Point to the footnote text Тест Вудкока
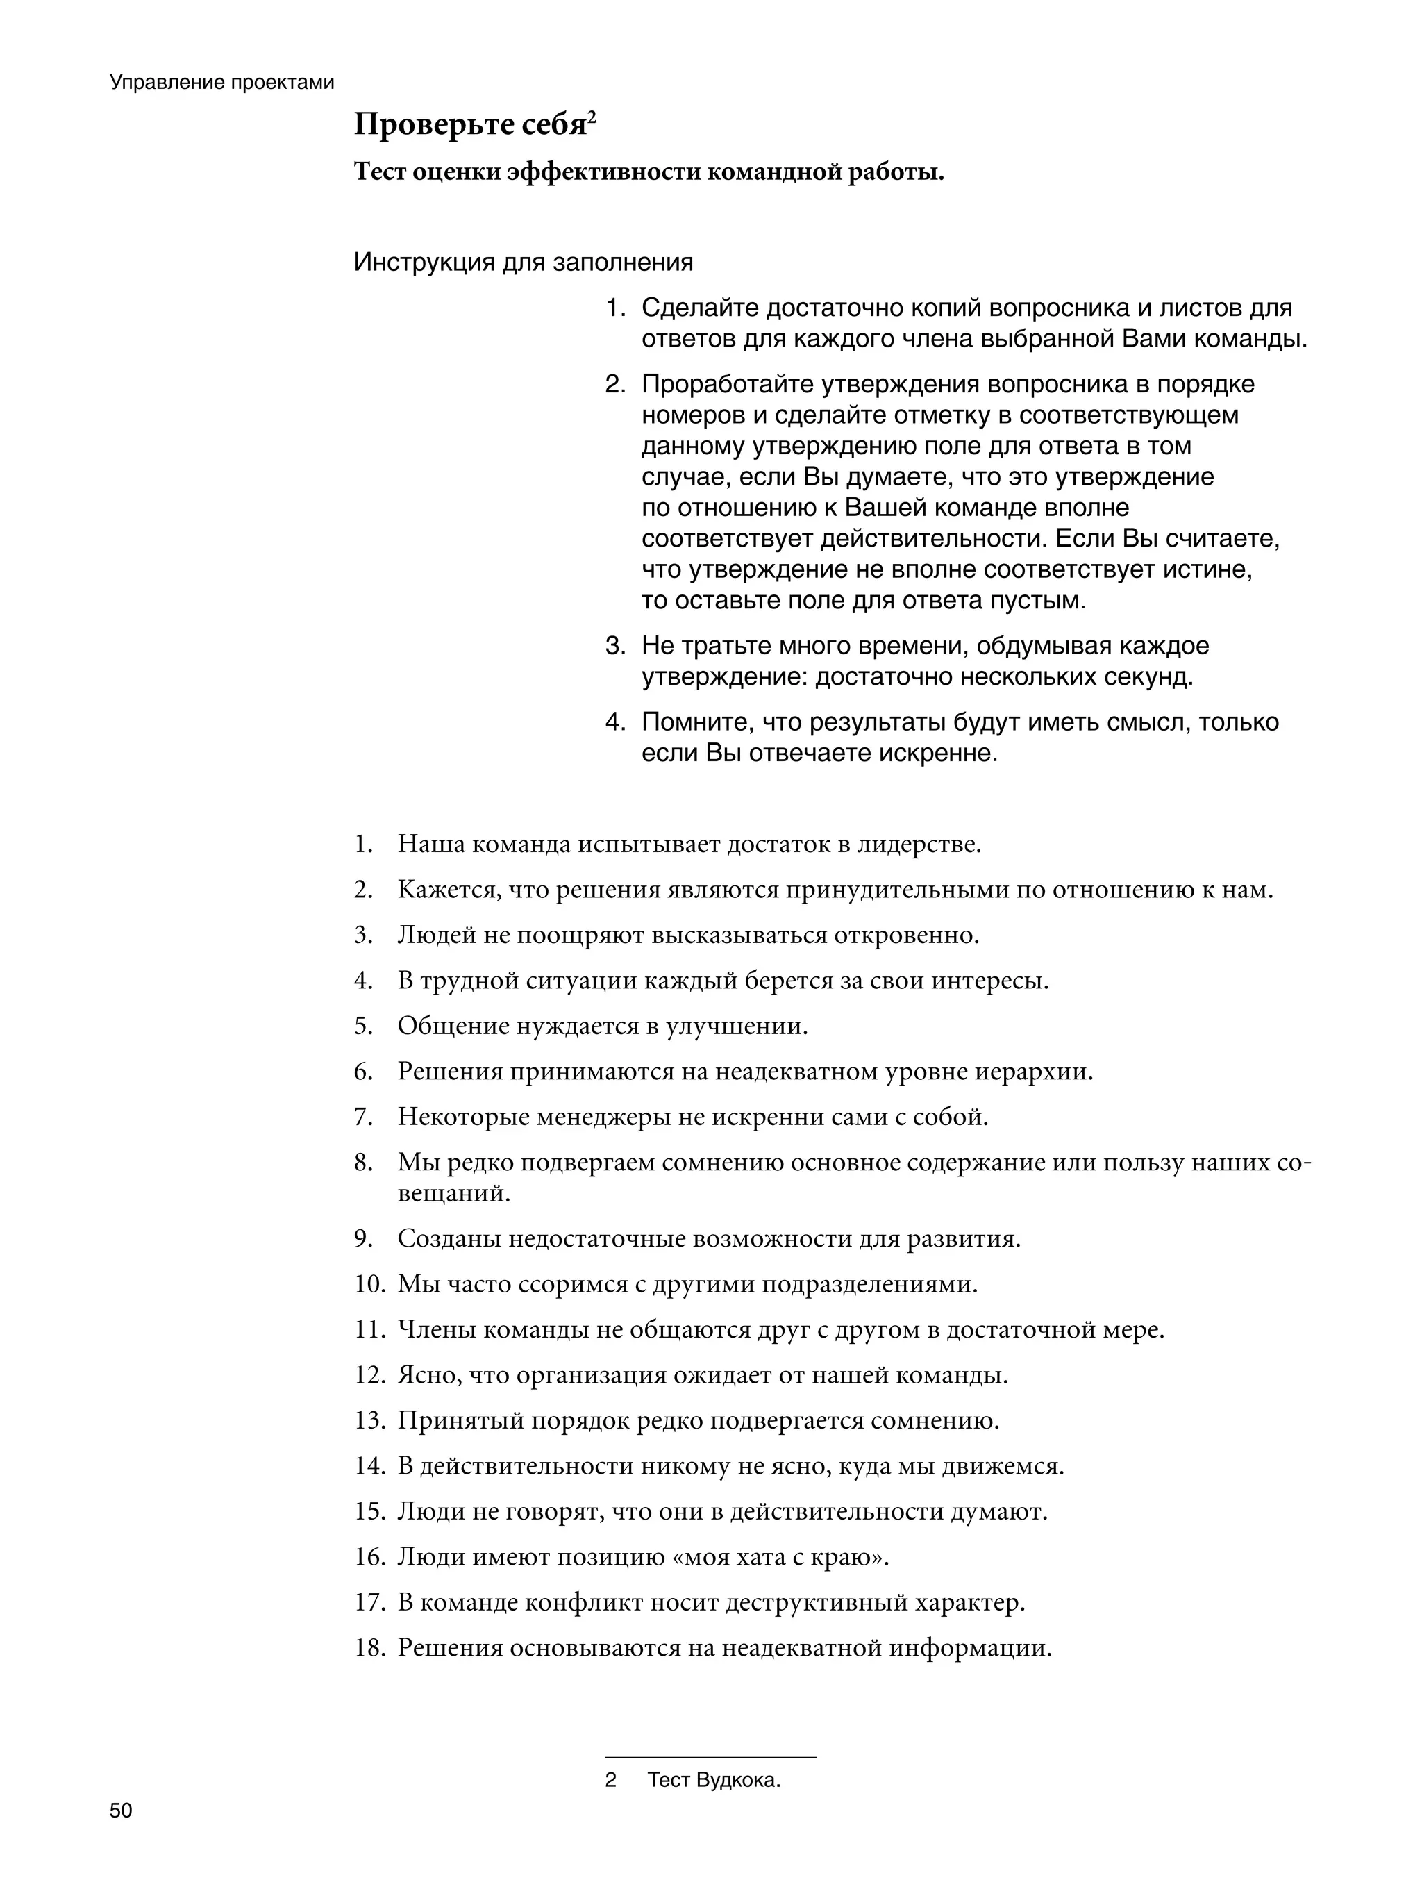pos(713,1779)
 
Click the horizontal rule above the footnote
pos(710,1757)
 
